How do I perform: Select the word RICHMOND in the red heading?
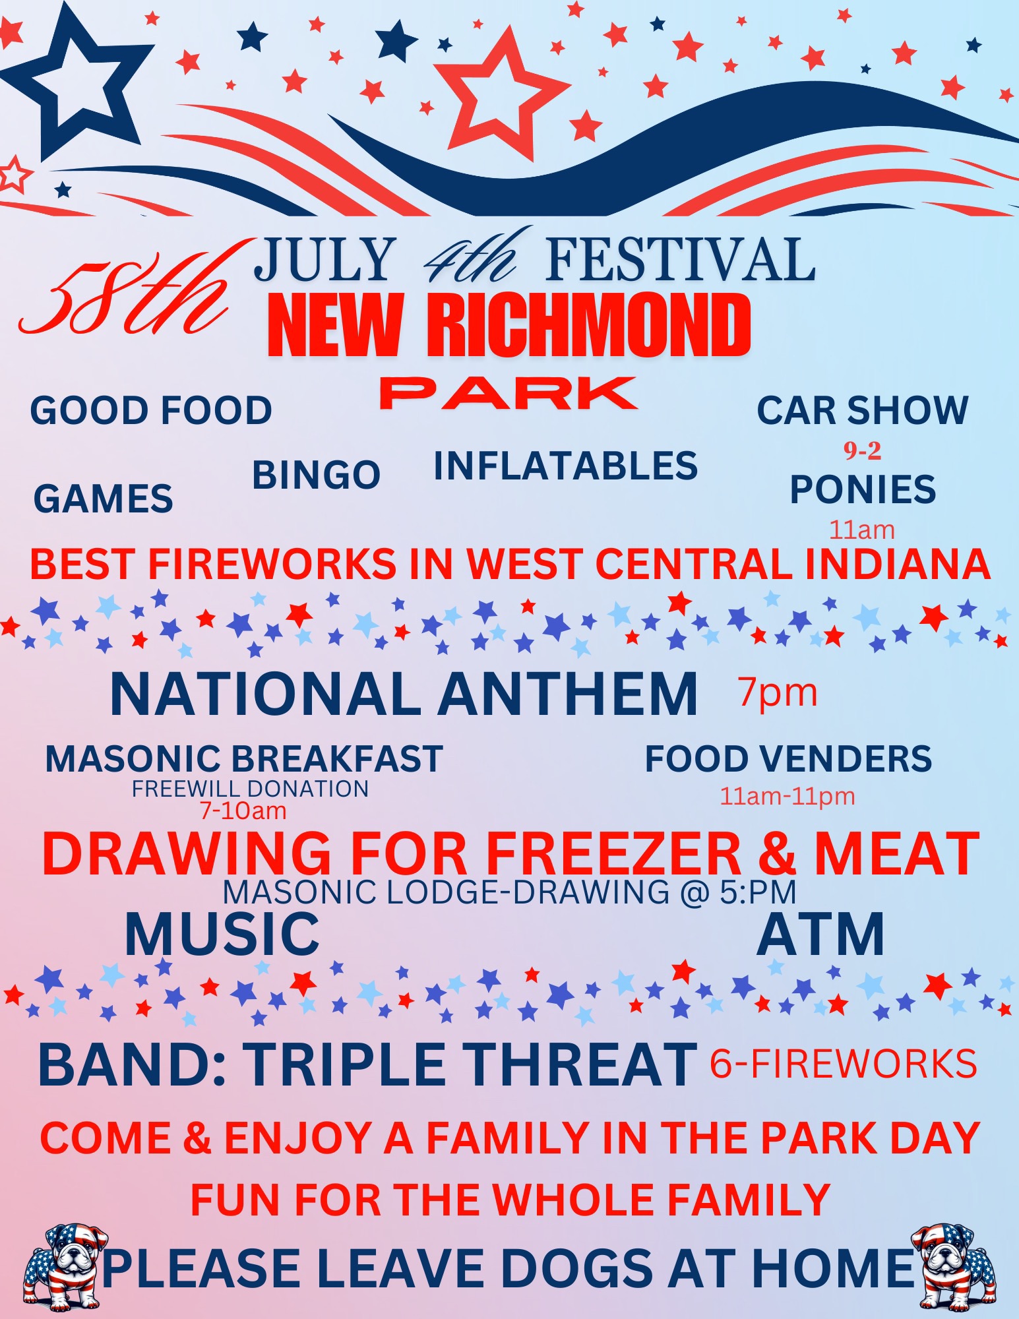click(x=589, y=324)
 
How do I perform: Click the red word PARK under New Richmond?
click(x=509, y=393)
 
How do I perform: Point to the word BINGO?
click(x=317, y=475)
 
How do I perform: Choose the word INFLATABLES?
click(x=566, y=466)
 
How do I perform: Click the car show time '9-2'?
click(x=863, y=450)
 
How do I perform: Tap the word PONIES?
click(x=863, y=489)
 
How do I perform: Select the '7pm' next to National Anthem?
click(x=778, y=693)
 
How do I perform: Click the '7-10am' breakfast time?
click(x=243, y=811)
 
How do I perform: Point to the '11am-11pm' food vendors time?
click(x=787, y=797)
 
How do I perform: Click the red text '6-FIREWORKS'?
click(x=844, y=1064)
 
